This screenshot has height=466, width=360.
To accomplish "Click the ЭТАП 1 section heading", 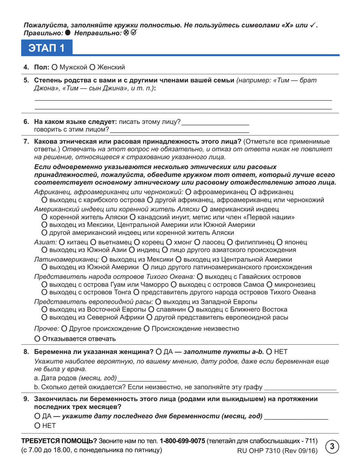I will [x=45, y=48].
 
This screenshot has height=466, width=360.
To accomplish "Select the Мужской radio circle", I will [x=55, y=67].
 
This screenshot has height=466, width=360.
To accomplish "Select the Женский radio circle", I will [x=92, y=67].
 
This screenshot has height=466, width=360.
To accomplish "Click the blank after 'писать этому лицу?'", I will [x=215, y=123].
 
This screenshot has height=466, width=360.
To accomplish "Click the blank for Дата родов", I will [x=142, y=378].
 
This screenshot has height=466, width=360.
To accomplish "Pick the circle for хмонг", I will [x=168, y=242].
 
